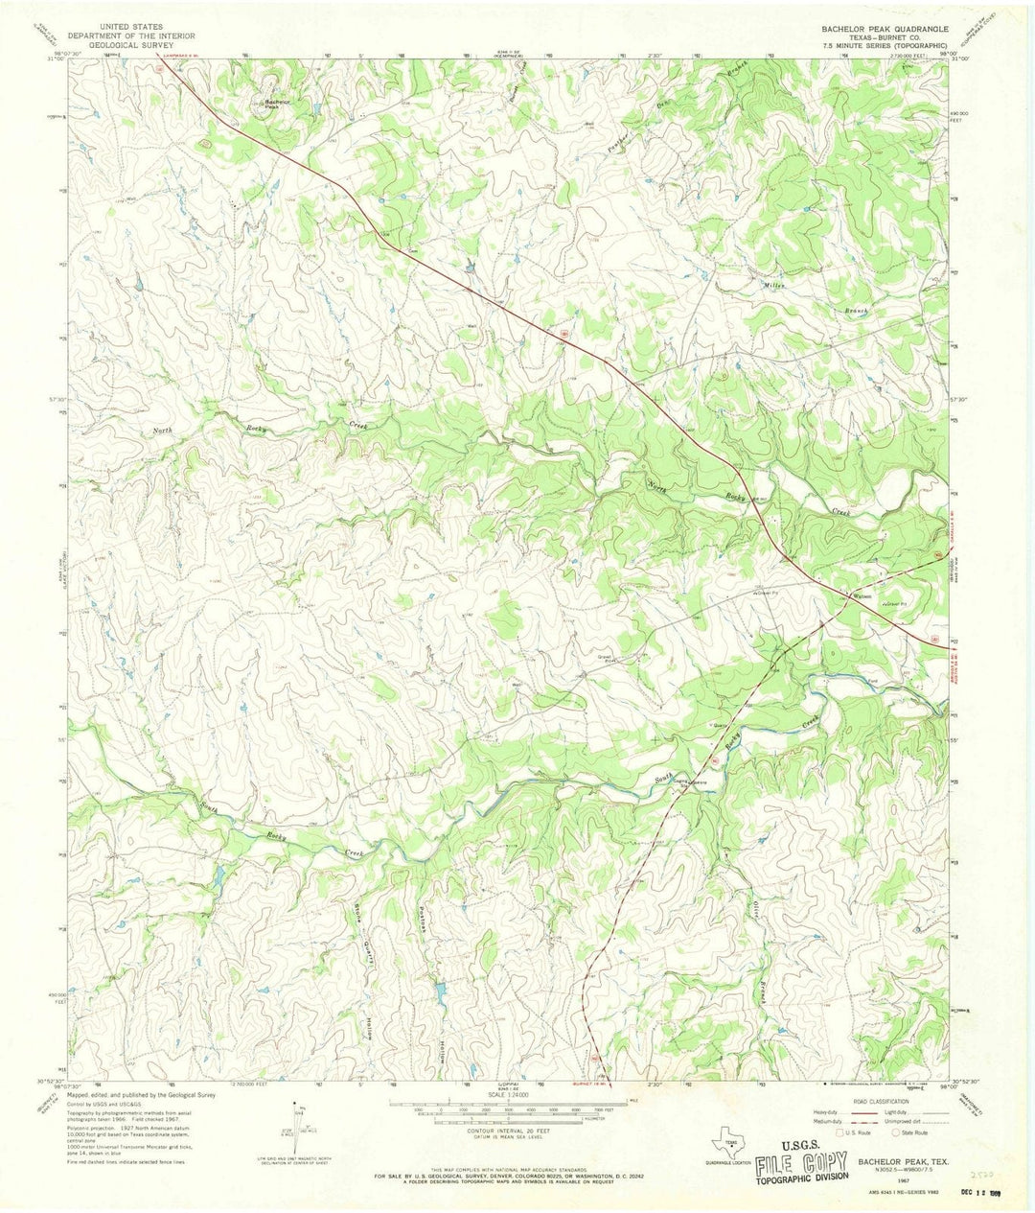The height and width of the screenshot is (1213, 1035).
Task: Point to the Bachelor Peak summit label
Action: point(277,103)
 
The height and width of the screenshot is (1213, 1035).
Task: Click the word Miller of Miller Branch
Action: point(773,285)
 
